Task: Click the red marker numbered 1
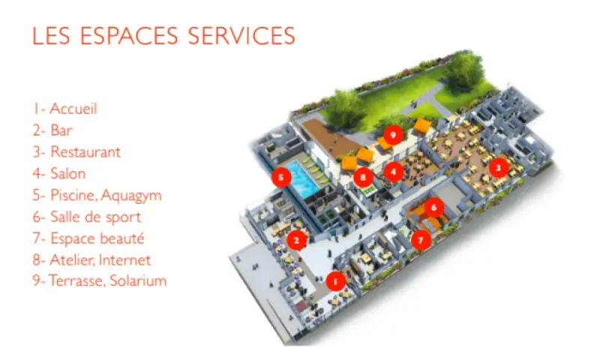(x=335, y=281)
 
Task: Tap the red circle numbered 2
(x=296, y=240)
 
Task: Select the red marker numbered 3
(x=498, y=167)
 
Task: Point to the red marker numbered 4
(x=393, y=172)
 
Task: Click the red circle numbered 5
(x=281, y=177)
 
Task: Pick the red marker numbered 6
(x=433, y=207)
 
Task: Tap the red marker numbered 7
(x=421, y=240)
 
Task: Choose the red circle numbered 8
(x=363, y=177)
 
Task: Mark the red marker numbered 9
(x=392, y=135)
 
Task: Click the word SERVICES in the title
(x=241, y=36)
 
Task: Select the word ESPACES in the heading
(x=129, y=36)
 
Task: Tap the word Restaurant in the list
(x=85, y=152)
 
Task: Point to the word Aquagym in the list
(x=131, y=196)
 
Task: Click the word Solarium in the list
(x=138, y=280)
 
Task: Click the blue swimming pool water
(x=301, y=178)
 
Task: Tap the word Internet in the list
(x=124, y=260)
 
